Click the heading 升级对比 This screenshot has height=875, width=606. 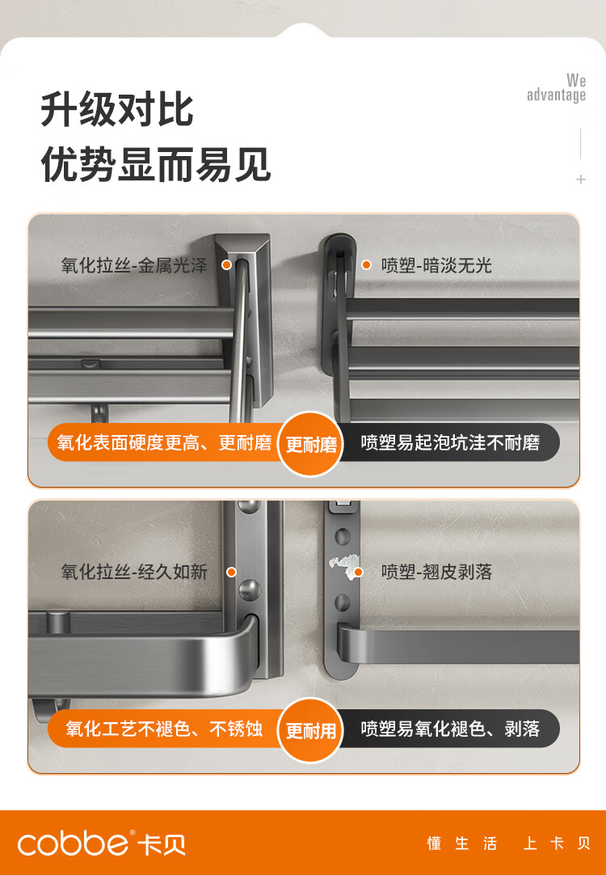click(x=117, y=110)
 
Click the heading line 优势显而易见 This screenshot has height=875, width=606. click(x=156, y=165)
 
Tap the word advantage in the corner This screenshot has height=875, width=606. click(x=557, y=95)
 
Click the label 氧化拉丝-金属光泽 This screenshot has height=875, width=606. click(x=134, y=265)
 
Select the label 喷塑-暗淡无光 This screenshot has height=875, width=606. click(x=436, y=265)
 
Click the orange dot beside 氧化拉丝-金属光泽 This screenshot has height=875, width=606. click(x=227, y=264)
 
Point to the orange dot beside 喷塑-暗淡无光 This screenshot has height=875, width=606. click(x=366, y=264)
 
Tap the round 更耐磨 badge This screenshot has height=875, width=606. click(x=310, y=444)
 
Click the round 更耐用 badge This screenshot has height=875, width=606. click(x=310, y=730)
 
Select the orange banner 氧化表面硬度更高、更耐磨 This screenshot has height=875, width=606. click(x=165, y=443)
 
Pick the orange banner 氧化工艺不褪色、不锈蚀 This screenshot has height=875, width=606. click(x=165, y=729)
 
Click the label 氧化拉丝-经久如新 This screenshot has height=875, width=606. click(x=134, y=572)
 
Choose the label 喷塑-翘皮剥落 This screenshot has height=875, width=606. click(x=436, y=572)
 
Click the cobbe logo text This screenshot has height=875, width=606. click(x=73, y=843)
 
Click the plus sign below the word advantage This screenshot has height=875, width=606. click(x=581, y=180)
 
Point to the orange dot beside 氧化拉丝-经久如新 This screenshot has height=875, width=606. click(x=232, y=572)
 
